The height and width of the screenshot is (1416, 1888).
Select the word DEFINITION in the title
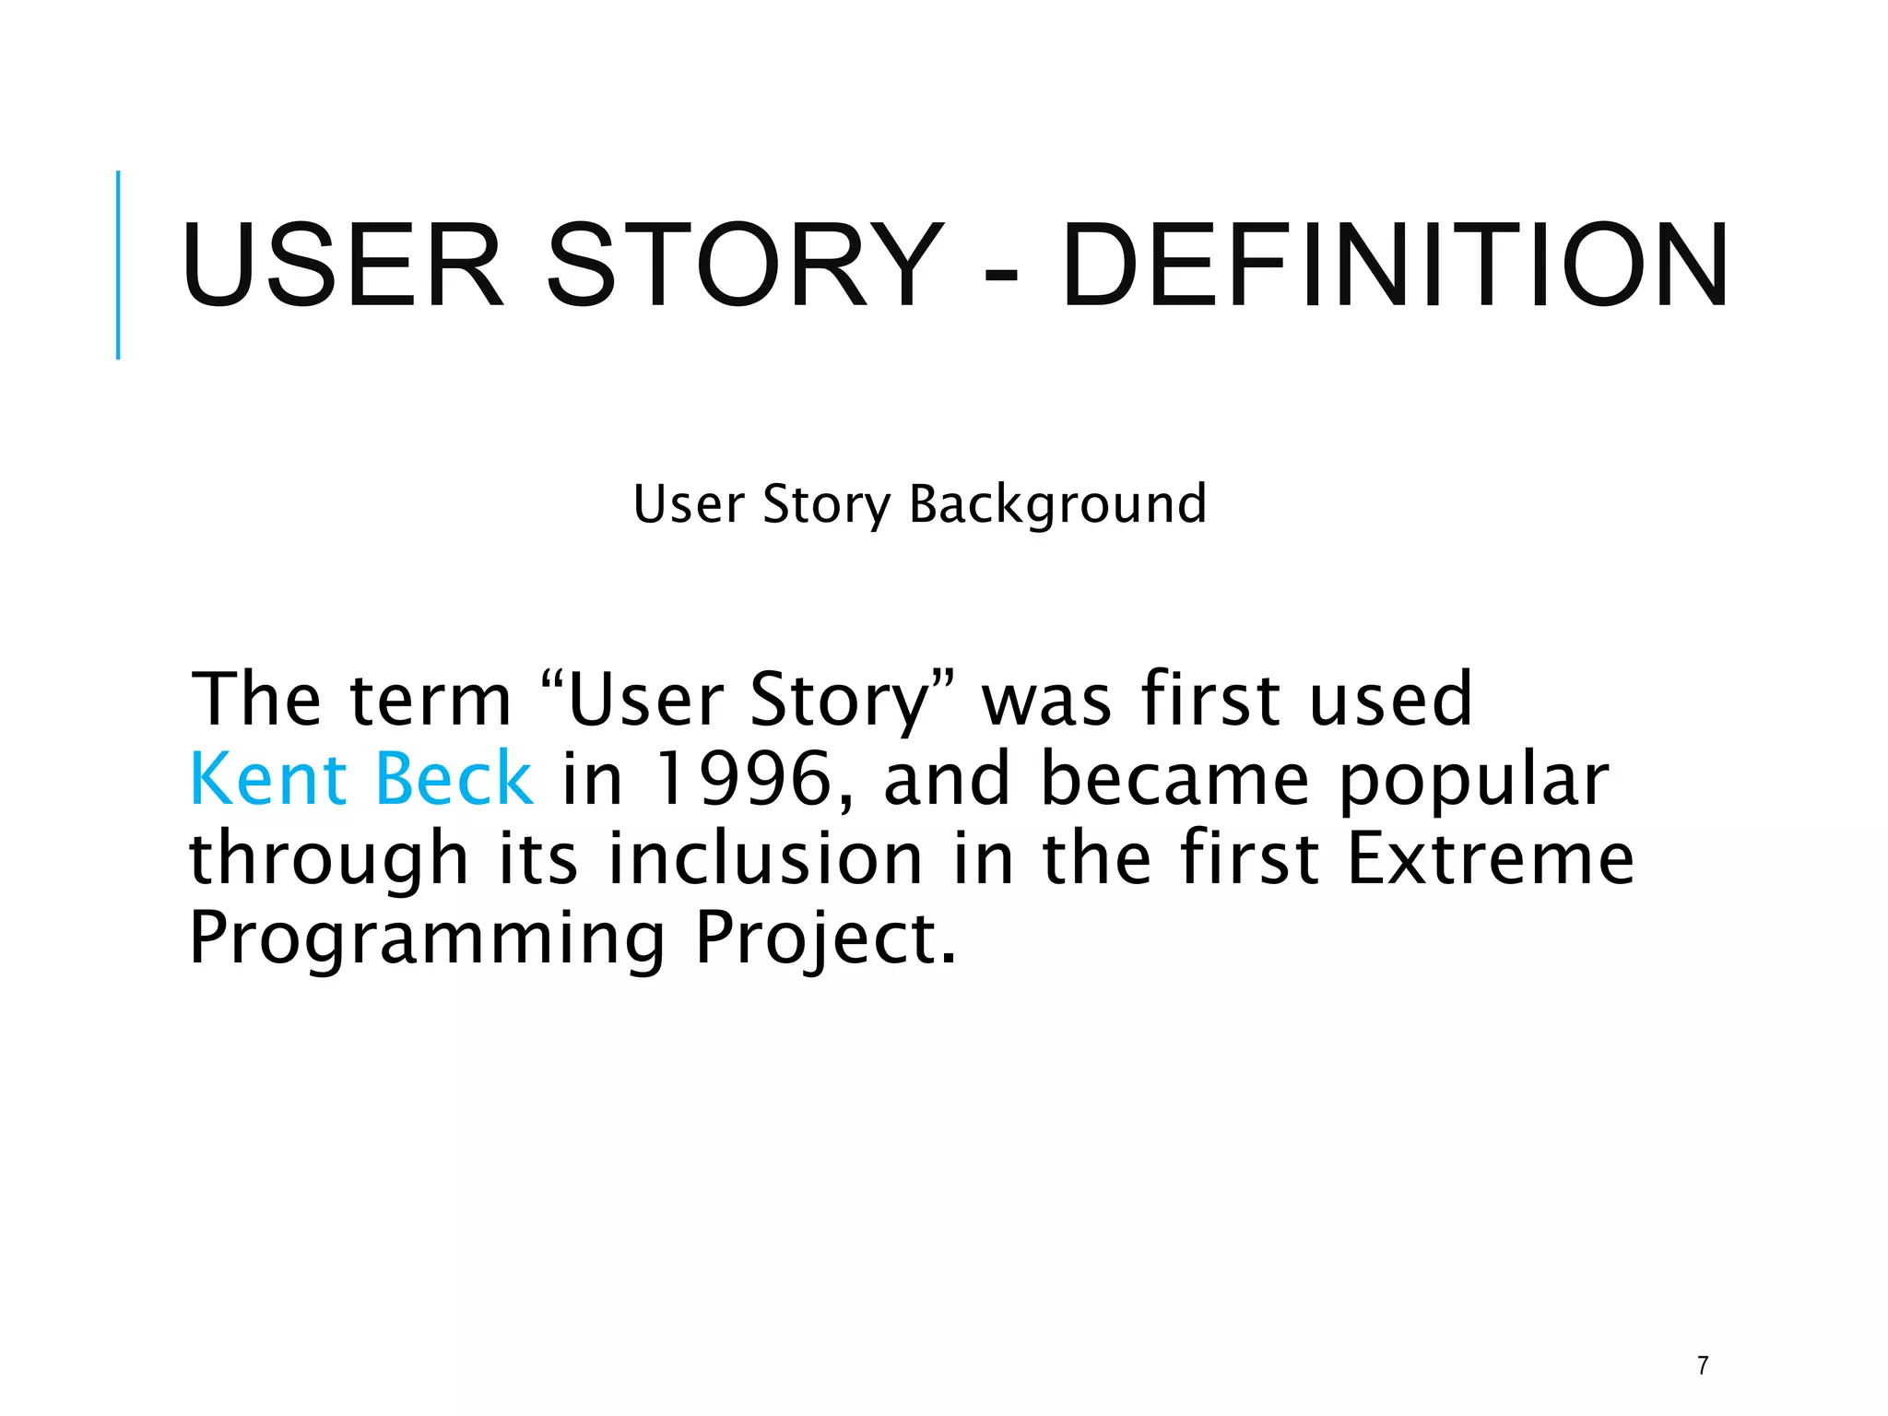(1395, 265)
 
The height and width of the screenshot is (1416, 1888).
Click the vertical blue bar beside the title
(118, 265)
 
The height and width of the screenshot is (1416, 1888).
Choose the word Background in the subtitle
(1057, 504)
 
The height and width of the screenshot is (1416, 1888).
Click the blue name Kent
(267, 779)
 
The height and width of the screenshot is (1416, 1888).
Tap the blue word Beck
(454, 779)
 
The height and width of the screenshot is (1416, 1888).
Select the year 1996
(742, 779)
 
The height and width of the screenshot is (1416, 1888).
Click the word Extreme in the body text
(1490, 858)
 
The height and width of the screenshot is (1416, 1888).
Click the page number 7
(1703, 1365)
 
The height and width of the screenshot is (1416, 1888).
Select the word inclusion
(765, 858)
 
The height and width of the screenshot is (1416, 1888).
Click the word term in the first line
(431, 701)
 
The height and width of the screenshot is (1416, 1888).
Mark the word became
(1174, 779)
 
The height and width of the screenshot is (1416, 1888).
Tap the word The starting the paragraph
(256, 699)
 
